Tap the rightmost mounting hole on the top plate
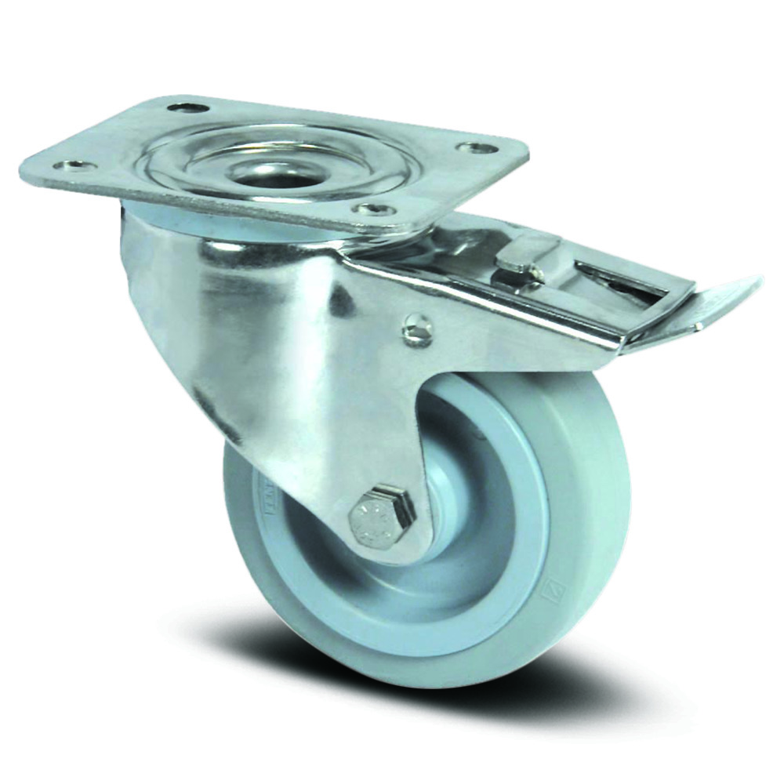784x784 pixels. click(478, 147)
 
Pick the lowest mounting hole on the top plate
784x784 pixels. click(372, 209)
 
